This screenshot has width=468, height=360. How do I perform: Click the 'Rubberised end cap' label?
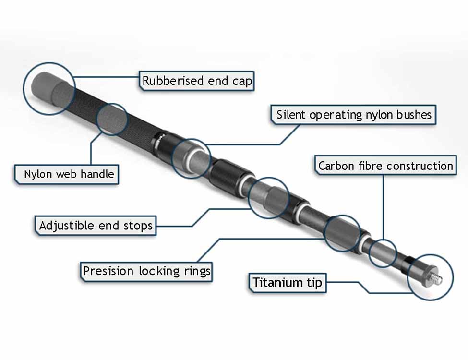click(197, 81)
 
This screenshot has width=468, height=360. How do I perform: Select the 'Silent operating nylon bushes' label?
click(354, 115)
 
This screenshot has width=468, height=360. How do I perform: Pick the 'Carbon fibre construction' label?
click(385, 166)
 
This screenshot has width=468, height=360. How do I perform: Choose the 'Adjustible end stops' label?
click(96, 225)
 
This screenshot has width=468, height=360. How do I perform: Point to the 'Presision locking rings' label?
click(146, 271)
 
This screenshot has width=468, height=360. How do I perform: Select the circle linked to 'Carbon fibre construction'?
click(383, 252)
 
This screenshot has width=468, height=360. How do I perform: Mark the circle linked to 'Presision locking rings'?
click(342, 233)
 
